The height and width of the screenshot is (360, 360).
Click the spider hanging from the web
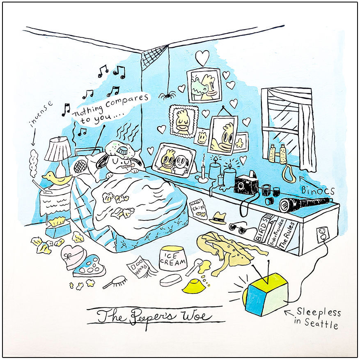pyautogui.click(x=167, y=96)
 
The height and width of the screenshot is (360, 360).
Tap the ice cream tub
pyautogui.click(x=173, y=258)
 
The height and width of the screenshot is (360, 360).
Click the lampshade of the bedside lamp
pyautogui.click(x=58, y=149)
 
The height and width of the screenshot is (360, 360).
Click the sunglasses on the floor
pyautogui.click(x=238, y=227)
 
